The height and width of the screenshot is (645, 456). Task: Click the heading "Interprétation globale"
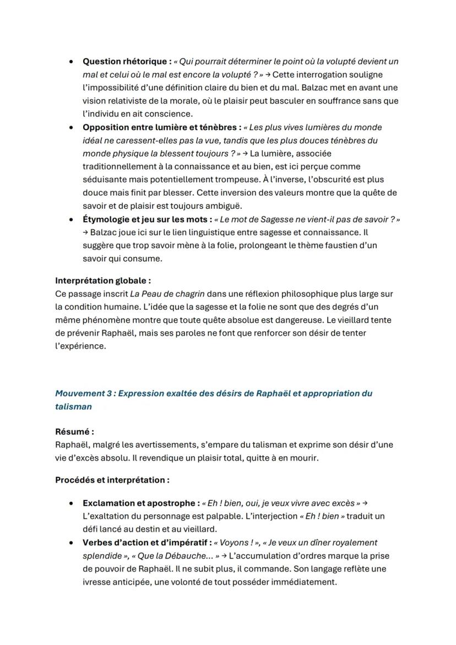pyautogui.click(x=103, y=280)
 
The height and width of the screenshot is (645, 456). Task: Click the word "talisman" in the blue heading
pyautogui.click(x=73, y=406)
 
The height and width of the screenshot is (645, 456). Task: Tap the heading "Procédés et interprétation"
pyautogui.click(x=112, y=480)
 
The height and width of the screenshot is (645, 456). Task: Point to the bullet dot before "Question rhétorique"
pyautogui.click(x=72, y=61)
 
